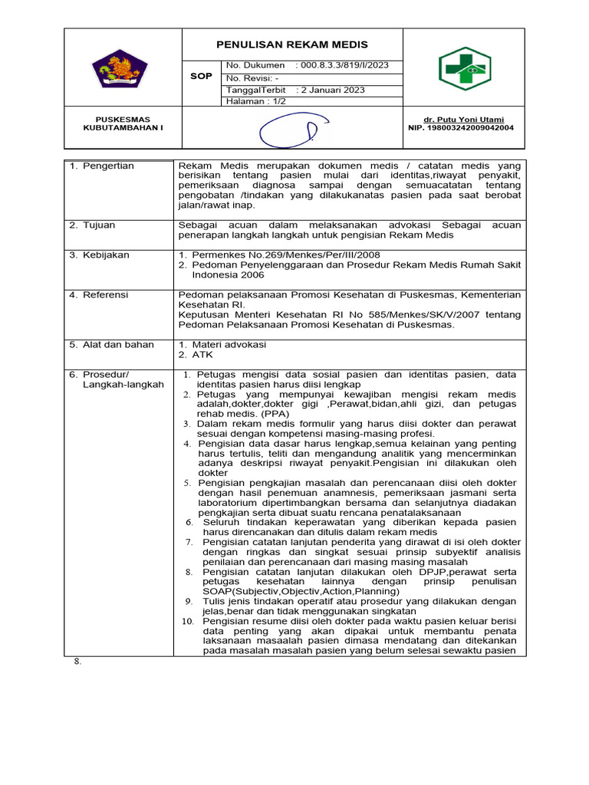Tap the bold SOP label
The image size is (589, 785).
[201, 77]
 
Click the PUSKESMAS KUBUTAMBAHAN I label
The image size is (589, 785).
[123, 123]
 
